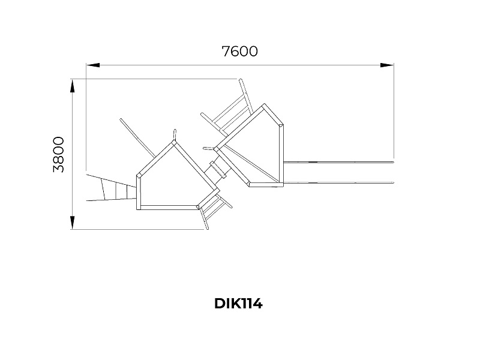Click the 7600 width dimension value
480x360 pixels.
[x=239, y=52]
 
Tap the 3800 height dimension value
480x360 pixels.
[x=58, y=155]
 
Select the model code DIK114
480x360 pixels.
[x=238, y=304]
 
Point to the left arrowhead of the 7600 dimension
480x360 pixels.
[x=93, y=65]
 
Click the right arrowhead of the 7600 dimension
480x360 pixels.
[x=387, y=65]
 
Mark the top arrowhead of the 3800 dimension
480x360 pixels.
[x=72, y=86]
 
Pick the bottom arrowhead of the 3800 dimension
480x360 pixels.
[x=72, y=223]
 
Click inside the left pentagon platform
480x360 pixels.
[x=172, y=181]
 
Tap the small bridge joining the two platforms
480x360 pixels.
[x=218, y=168]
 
